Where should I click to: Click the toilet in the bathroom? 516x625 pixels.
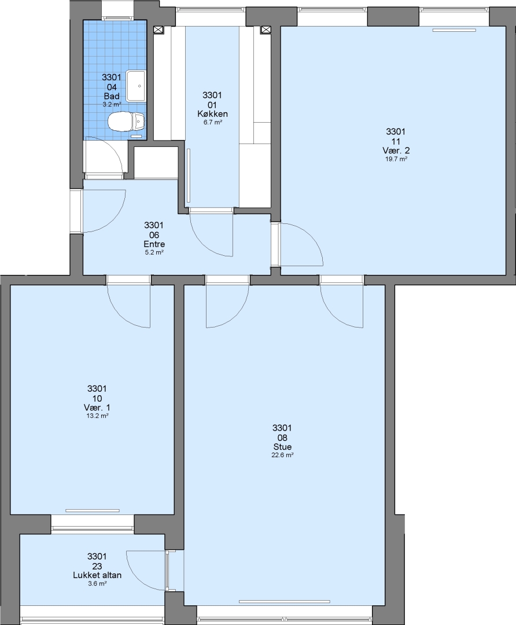click(126, 121)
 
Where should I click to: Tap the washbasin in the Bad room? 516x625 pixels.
click(137, 86)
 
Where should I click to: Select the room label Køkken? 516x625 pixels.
click(212, 114)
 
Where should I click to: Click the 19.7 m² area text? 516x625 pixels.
click(396, 159)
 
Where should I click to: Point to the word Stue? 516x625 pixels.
click(282, 447)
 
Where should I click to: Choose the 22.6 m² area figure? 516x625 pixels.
click(282, 455)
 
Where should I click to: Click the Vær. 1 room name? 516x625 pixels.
click(97, 407)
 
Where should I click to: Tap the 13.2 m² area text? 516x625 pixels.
click(97, 416)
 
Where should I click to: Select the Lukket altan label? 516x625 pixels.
click(97, 575)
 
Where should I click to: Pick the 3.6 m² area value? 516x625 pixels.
click(97, 583)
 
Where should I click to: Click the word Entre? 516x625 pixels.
click(154, 244)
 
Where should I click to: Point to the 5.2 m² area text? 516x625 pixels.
click(154, 252)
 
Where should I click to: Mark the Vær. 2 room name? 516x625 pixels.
click(396, 150)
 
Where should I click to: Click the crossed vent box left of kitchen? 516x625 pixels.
click(159, 30)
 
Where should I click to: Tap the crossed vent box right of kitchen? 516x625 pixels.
click(266, 30)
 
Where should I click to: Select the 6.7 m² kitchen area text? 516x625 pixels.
click(212, 122)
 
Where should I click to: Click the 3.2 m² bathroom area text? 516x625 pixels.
click(112, 104)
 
